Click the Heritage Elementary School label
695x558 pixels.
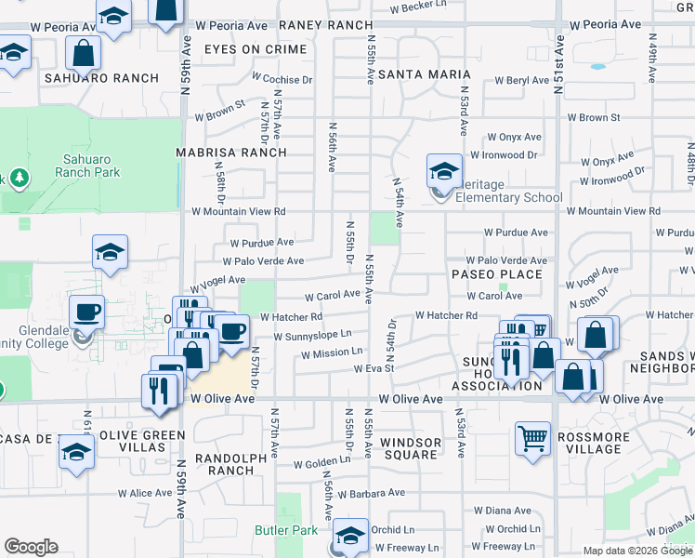(509, 197)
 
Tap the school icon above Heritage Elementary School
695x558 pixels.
(445, 171)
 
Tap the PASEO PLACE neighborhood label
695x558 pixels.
(496, 274)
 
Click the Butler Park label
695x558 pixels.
(286, 531)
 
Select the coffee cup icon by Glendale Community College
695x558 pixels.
(88, 312)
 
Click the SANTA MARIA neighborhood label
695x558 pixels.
(412, 73)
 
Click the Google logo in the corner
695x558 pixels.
(31, 547)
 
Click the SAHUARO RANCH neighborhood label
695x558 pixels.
(102, 78)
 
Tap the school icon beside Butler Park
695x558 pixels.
(351, 536)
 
